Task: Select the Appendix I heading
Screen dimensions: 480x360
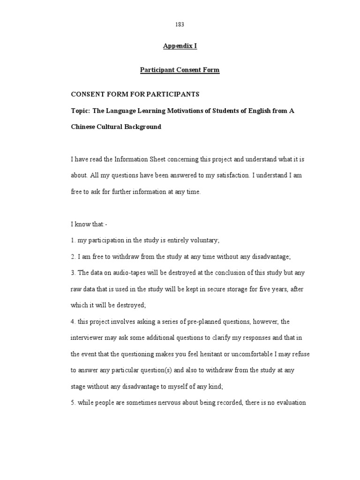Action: point(180,46)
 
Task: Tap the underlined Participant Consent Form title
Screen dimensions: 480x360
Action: point(180,70)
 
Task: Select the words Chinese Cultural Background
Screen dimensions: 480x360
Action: point(116,127)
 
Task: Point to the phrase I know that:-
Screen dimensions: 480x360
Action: point(89,225)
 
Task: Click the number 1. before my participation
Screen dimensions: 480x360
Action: point(73,240)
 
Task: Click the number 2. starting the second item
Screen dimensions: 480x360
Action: point(73,257)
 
